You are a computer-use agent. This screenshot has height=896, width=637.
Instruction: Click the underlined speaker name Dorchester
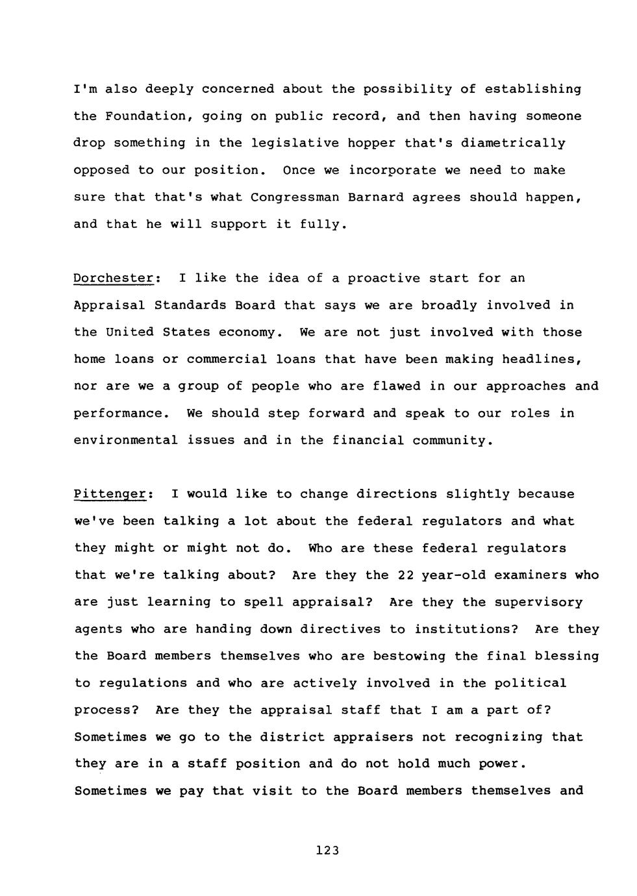coord(114,279)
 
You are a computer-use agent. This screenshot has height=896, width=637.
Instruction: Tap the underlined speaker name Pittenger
coord(110,494)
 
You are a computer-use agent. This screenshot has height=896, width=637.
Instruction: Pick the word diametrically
coord(513,143)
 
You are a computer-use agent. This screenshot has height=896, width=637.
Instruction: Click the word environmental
coord(125,440)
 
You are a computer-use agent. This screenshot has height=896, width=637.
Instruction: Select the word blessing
coord(566,656)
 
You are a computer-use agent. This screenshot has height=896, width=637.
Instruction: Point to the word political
coord(534,683)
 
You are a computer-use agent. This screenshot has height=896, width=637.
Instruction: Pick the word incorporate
coord(392,170)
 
